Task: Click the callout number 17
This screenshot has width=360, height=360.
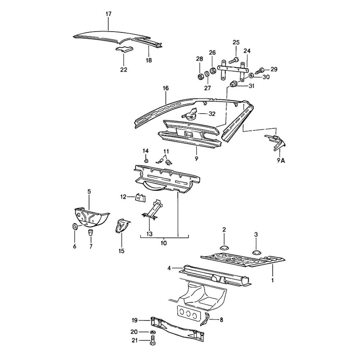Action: point(108,14)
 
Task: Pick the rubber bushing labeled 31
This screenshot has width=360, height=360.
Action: point(233,85)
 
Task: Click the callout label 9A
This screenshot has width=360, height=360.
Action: point(280,161)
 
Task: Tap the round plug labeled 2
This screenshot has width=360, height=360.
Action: point(224,248)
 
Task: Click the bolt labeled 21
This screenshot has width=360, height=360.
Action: point(152,339)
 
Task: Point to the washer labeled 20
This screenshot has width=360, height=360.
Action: point(152,331)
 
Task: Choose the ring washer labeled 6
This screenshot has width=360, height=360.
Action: point(75,227)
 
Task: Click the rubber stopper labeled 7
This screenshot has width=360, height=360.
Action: point(91,230)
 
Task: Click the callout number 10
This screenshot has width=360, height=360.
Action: point(164,243)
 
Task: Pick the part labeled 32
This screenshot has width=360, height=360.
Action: point(189,115)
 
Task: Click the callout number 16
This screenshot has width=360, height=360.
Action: point(166,88)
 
